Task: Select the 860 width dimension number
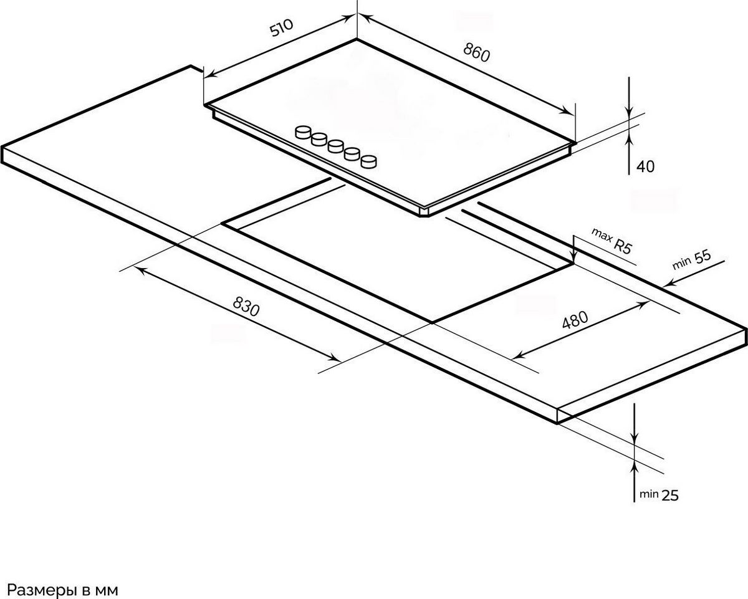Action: [x=476, y=53]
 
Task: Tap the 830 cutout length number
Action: [x=246, y=306]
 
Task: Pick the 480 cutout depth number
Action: [x=575, y=320]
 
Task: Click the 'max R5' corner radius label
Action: [x=611, y=241]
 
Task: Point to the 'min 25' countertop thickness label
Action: [x=659, y=495]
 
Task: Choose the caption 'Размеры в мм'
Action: [x=62, y=580]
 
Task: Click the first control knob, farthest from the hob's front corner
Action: [x=303, y=132]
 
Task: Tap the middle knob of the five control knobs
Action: [x=336, y=146]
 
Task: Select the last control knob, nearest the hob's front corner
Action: [x=369, y=161]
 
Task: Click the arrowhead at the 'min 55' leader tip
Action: [x=664, y=286]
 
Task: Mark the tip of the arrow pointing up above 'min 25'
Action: [x=635, y=459]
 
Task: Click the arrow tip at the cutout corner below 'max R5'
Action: [x=573, y=262]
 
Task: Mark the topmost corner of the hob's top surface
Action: [x=357, y=39]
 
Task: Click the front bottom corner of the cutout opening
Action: [x=432, y=322]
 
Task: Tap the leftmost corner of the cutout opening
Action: [x=223, y=224]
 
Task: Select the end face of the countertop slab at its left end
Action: [x=2, y=155]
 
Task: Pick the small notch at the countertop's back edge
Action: [x=196, y=69]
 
